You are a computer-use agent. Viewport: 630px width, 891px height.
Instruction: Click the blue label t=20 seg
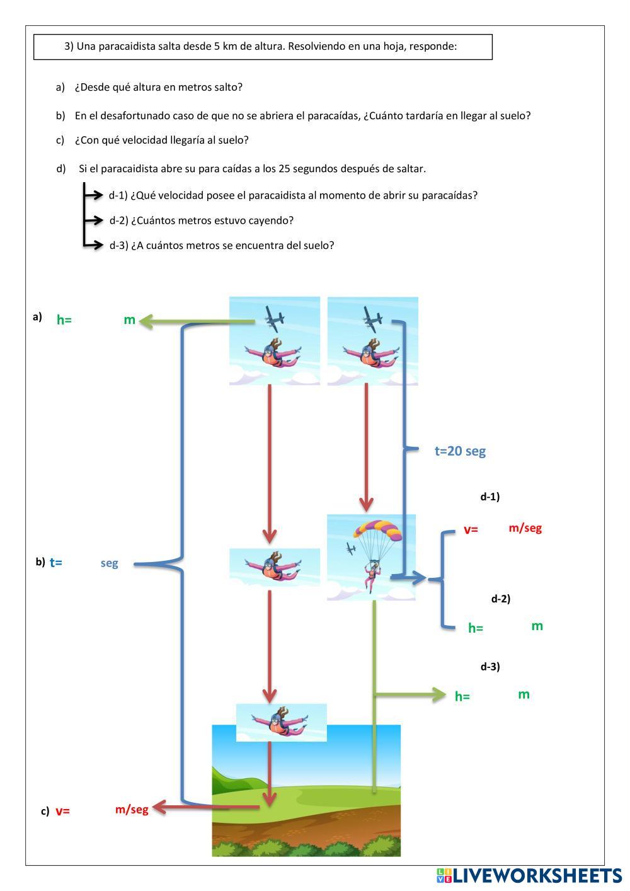[x=460, y=451]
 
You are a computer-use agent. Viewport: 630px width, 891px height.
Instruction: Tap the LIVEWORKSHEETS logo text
[x=535, y=876]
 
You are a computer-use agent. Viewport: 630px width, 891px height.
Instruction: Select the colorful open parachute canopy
[x=377, y=531]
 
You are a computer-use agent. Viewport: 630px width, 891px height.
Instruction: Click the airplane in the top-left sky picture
[x=274, y=318]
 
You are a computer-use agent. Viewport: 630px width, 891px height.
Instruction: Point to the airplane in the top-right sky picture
[x=372, y=318]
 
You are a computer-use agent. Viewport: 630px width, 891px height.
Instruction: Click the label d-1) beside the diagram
[x=490, y=497]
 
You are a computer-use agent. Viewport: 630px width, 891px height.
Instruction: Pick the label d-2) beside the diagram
[x=500, y=599]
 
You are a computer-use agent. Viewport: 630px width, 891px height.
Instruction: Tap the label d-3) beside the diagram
[x=490, y=667]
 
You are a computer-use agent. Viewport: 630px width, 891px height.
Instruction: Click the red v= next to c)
[x=62, y=812]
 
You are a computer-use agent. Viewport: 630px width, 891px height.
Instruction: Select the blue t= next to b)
[x=55, y=563]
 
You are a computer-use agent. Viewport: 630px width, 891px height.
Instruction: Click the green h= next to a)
[x=64, y=320]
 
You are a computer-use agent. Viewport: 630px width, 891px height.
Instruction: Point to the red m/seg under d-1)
[x=525, y=528]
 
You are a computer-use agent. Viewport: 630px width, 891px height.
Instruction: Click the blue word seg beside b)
[x=109, y=563]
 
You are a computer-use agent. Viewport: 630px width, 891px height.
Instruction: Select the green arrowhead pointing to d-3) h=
[x=438, y=695]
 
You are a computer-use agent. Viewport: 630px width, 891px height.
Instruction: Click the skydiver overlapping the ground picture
[x=280, y=722]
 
